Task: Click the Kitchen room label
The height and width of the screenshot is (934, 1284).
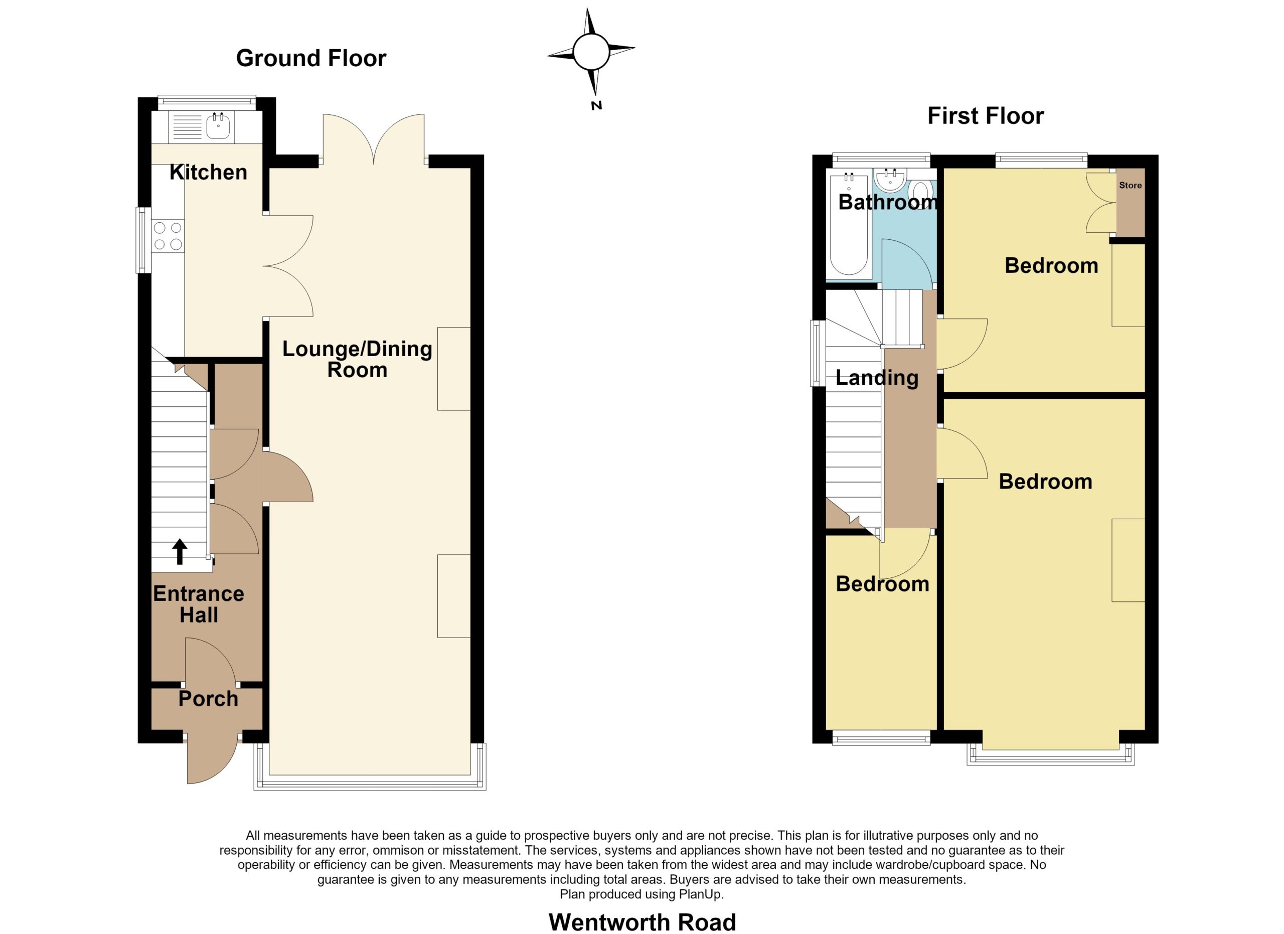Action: coord(208,172)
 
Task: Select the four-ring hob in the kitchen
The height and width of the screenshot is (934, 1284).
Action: coord(168,236)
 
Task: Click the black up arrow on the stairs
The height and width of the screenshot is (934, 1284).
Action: coord(180,551)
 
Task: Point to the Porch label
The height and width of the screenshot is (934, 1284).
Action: coord(208,699)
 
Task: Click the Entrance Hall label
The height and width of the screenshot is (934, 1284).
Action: coord(199,604)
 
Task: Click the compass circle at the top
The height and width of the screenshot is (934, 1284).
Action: coord(591,52)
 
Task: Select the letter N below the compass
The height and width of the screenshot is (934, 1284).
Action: coord(596,105)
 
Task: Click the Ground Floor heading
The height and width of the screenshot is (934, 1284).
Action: coord(311,58)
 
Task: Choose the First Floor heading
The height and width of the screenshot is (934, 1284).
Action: coord(986,116)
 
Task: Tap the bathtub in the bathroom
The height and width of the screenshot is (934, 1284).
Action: coord(849,226)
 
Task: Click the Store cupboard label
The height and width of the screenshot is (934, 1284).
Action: coord(1130,185)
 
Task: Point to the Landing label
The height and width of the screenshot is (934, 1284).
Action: coord(877,378)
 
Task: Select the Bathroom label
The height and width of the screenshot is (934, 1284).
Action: coord(888,202)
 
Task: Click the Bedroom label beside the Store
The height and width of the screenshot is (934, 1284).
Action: coord(1051,265)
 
